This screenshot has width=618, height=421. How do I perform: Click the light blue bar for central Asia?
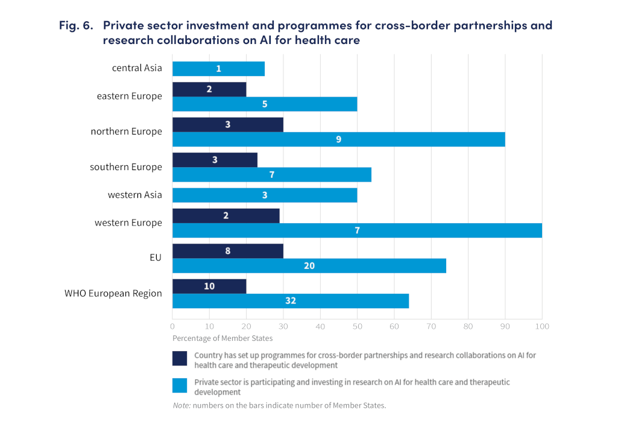coord(218,69)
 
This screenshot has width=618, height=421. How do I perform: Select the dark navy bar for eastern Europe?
coord(209,89)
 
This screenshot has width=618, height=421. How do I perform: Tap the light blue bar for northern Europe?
coord(338,139)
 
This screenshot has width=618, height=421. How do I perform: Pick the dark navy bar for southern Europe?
coord(215,160)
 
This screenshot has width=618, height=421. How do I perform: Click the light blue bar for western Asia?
coord(265,195)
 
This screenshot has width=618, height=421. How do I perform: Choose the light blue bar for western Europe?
coord(357,230)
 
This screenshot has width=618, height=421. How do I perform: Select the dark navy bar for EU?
coord(228,251)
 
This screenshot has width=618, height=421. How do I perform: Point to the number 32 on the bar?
coord(291,301)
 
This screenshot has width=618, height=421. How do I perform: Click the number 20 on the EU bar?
coord(309,266)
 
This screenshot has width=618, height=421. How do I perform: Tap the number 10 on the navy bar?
coord(209,286)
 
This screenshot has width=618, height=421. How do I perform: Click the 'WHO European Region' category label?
coord(113,294)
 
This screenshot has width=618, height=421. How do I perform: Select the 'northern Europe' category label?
coord(126,131)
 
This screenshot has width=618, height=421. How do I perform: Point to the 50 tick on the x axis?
coord(357,326)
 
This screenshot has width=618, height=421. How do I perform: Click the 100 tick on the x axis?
coord(541,326)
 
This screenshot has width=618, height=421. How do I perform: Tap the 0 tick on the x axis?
coord(173,326)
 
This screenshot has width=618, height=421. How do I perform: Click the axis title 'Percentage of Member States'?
coord(222,338)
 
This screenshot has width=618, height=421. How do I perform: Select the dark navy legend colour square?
coord(180,358)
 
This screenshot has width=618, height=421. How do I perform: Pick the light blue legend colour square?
coord(180,385)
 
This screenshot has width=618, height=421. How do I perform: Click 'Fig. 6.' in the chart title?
coord(76,26)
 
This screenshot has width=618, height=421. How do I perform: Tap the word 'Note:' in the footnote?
coord(182,405)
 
